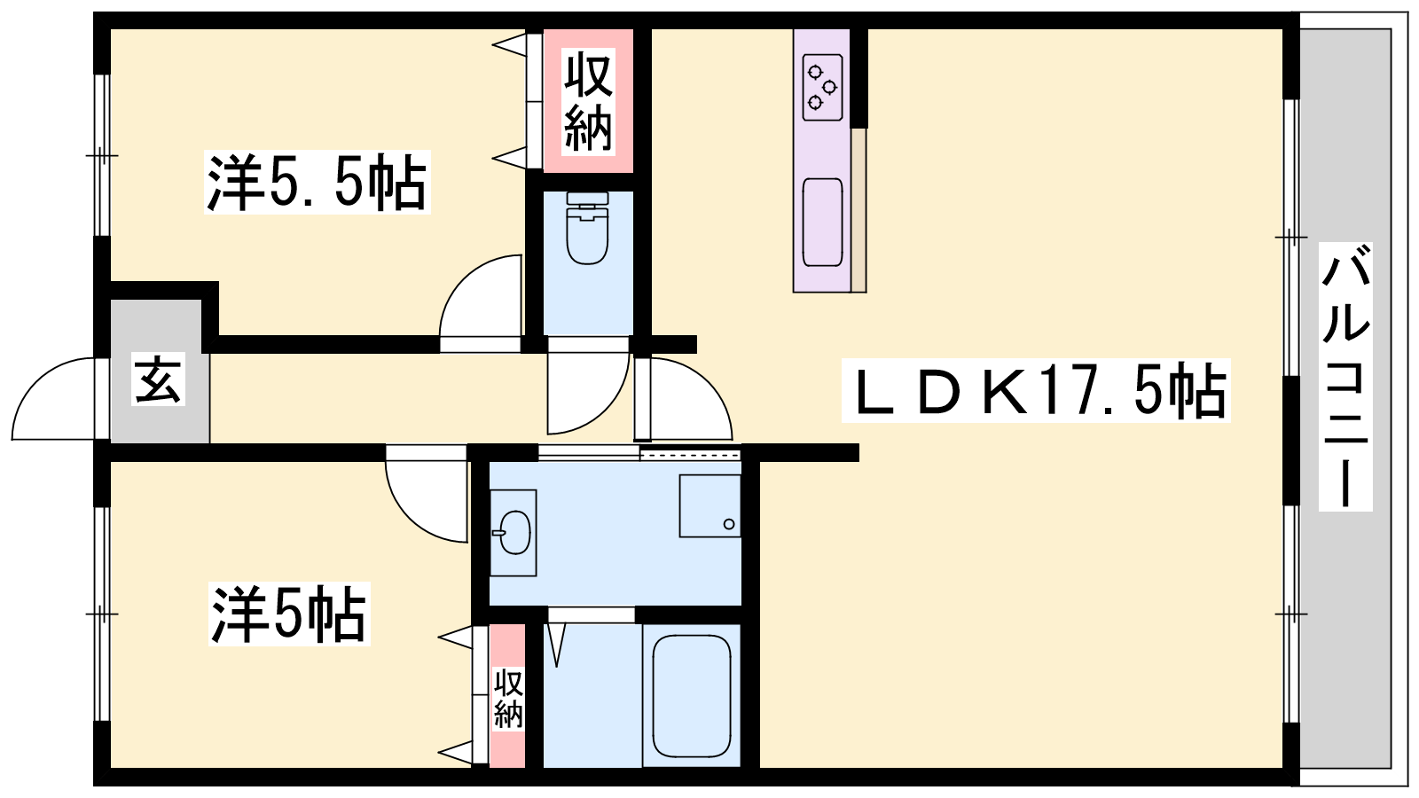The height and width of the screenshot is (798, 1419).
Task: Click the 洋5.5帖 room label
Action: [317, 183]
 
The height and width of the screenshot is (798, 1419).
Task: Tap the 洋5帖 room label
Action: [289, 614]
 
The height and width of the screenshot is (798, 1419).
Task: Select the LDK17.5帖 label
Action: [1036, 390]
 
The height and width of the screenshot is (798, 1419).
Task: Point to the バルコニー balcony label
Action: [1345, 376]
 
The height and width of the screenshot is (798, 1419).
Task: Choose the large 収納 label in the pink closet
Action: [589, 102]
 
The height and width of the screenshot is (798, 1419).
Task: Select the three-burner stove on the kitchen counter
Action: [822, 88]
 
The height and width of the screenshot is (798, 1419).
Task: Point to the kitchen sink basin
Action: [822, 223]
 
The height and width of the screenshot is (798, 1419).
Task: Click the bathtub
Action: [692, 695]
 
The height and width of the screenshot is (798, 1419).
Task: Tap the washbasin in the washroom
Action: [514, 532]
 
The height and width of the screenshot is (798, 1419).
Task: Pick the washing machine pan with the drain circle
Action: [710, 506]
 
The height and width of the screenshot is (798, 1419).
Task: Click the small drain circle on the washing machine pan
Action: [728, 524]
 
